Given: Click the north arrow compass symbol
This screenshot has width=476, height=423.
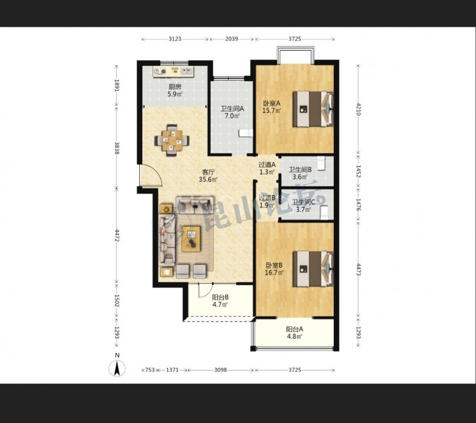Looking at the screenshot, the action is (x=117, y=368).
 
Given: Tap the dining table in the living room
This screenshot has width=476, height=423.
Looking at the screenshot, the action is (x=172, y=140).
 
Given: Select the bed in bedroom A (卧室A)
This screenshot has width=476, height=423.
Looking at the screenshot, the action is (x=313, y=109).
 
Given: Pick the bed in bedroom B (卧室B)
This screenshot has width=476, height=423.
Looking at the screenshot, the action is (x=313, y=269).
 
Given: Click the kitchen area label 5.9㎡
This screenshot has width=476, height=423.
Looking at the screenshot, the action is (x=175, y=94).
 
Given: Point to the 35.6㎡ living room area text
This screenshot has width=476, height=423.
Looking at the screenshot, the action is (x=208, y=179).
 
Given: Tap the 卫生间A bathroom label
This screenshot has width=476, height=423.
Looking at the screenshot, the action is (x=233, y=109).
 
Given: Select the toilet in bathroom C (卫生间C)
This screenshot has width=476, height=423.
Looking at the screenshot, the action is (x=324, y=212).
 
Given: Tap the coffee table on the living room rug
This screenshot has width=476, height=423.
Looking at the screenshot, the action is (x=191, y=239).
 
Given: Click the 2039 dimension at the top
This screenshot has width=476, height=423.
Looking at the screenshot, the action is (x=232, y=39).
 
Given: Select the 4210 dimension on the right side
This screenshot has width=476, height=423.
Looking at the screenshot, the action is (x=358, y=109).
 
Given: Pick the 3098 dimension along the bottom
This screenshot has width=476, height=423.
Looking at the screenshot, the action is (x=220, y=370).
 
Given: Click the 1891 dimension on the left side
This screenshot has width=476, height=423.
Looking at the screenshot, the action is (x=117, y=85).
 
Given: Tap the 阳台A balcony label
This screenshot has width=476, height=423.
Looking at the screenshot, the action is (x=295, y=329).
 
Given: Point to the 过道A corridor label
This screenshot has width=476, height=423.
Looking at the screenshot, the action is (x=267, y=165).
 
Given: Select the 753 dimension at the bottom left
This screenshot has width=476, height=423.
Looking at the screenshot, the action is (x=150, y=370).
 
